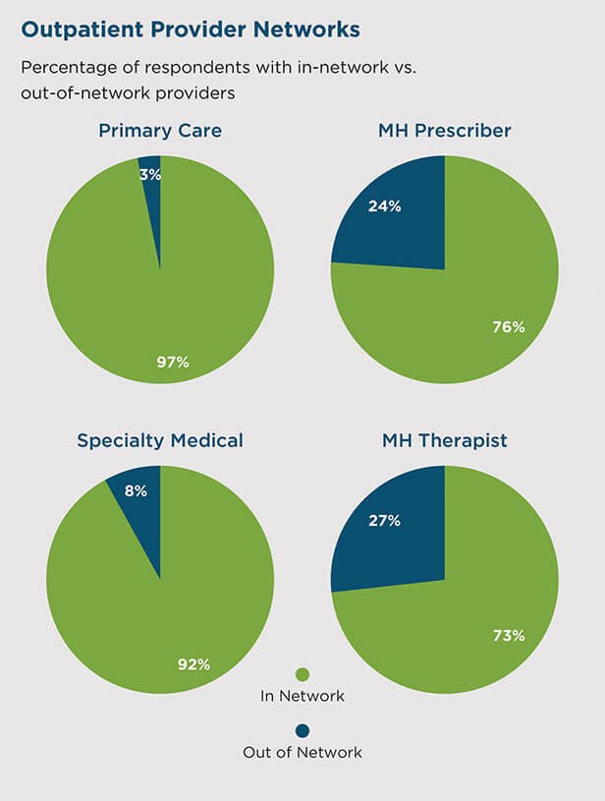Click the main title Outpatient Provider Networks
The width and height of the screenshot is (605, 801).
pyautogui.click(x=191, y=30)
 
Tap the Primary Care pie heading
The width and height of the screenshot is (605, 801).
pyautogui.click(x=160, y=131)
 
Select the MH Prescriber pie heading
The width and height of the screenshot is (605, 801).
pyautogui.click(x=445, y=131)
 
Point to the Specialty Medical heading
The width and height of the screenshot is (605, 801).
pyautogui.click(x=160, y=441)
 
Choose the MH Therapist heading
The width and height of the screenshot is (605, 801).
pyautogui.click(x=445, y=441)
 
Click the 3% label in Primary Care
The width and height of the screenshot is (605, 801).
pyautogui.click(x=150, y=175)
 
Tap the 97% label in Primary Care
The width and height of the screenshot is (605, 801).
pyautogui.click(x=173, y=363)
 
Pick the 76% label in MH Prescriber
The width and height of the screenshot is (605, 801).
pyautogui.click(x=509, y=327)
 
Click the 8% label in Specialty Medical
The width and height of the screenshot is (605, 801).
pyautogui.click(x=136, y=490)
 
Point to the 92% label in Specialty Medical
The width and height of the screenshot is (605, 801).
pyautogui.click(x=194, y=664)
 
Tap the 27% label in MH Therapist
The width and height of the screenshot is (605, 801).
pyautogui.click(x=384, y=521)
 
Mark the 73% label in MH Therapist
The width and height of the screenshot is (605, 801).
pyautogui.click(x=509, y=636)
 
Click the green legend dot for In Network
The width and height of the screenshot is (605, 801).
pyautogui.click(x=302, y=674)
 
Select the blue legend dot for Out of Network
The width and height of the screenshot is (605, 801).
pyautogui.click(x=302, y=731)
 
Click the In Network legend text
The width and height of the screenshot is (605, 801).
pyautogui.click(x=302, y=696)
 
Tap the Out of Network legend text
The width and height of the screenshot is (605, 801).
pyautogui.click(x=302, y=753)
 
